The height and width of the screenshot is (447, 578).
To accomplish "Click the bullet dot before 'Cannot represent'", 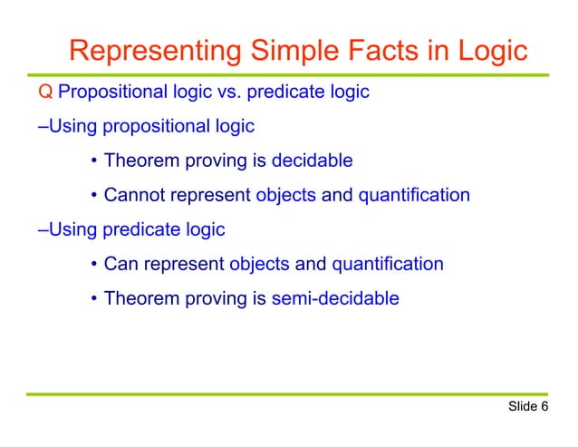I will tap(94, 196).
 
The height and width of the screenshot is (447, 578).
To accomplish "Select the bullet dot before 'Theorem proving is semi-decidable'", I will tap(94, 298).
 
